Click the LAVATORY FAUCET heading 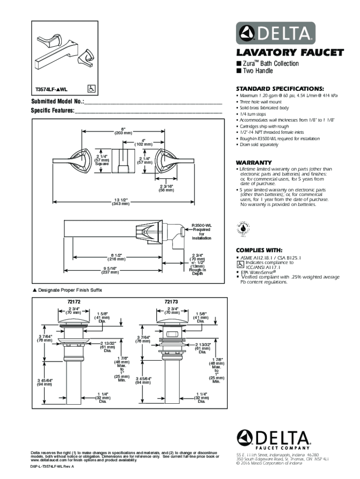tap(289, 52)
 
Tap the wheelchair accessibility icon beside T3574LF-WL tap(92, 88)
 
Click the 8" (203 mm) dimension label tap(122, 131)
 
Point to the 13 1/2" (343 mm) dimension tap(120, 202)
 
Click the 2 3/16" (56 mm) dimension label tap(167, 188)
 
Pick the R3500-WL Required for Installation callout tap(202, 231)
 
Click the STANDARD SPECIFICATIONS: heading tap(274, 88)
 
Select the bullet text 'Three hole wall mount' tap(261, 102)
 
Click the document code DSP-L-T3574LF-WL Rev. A tap(52, 467)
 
